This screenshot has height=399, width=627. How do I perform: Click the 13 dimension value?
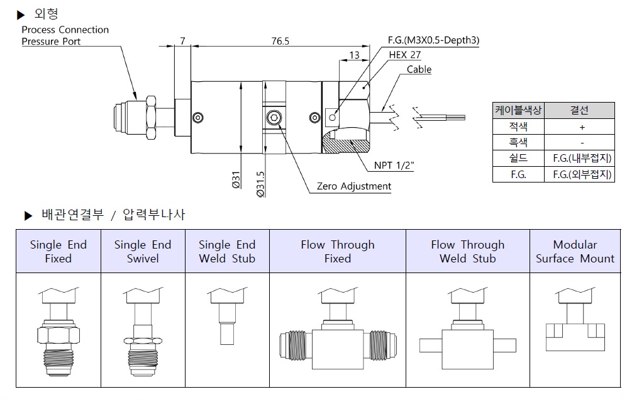click(354, 55)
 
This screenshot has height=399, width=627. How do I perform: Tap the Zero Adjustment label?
click(353, 186)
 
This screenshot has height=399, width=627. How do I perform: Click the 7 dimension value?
click(182, 42)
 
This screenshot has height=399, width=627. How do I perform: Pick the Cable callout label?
click(419, 69)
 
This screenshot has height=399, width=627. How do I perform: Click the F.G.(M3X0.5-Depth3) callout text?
click(433, 41)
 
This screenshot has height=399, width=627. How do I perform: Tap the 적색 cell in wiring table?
click(518, 126)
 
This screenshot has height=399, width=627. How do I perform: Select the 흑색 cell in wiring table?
click(518, 142)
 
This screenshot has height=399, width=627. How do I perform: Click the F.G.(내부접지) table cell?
click(579, 159)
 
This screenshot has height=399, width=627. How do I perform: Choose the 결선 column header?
click(579, 110)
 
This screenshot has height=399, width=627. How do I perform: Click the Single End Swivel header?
click(143, 251)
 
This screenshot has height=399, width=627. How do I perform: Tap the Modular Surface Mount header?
click(575, 251)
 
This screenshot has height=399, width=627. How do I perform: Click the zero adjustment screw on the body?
click(274, 118)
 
